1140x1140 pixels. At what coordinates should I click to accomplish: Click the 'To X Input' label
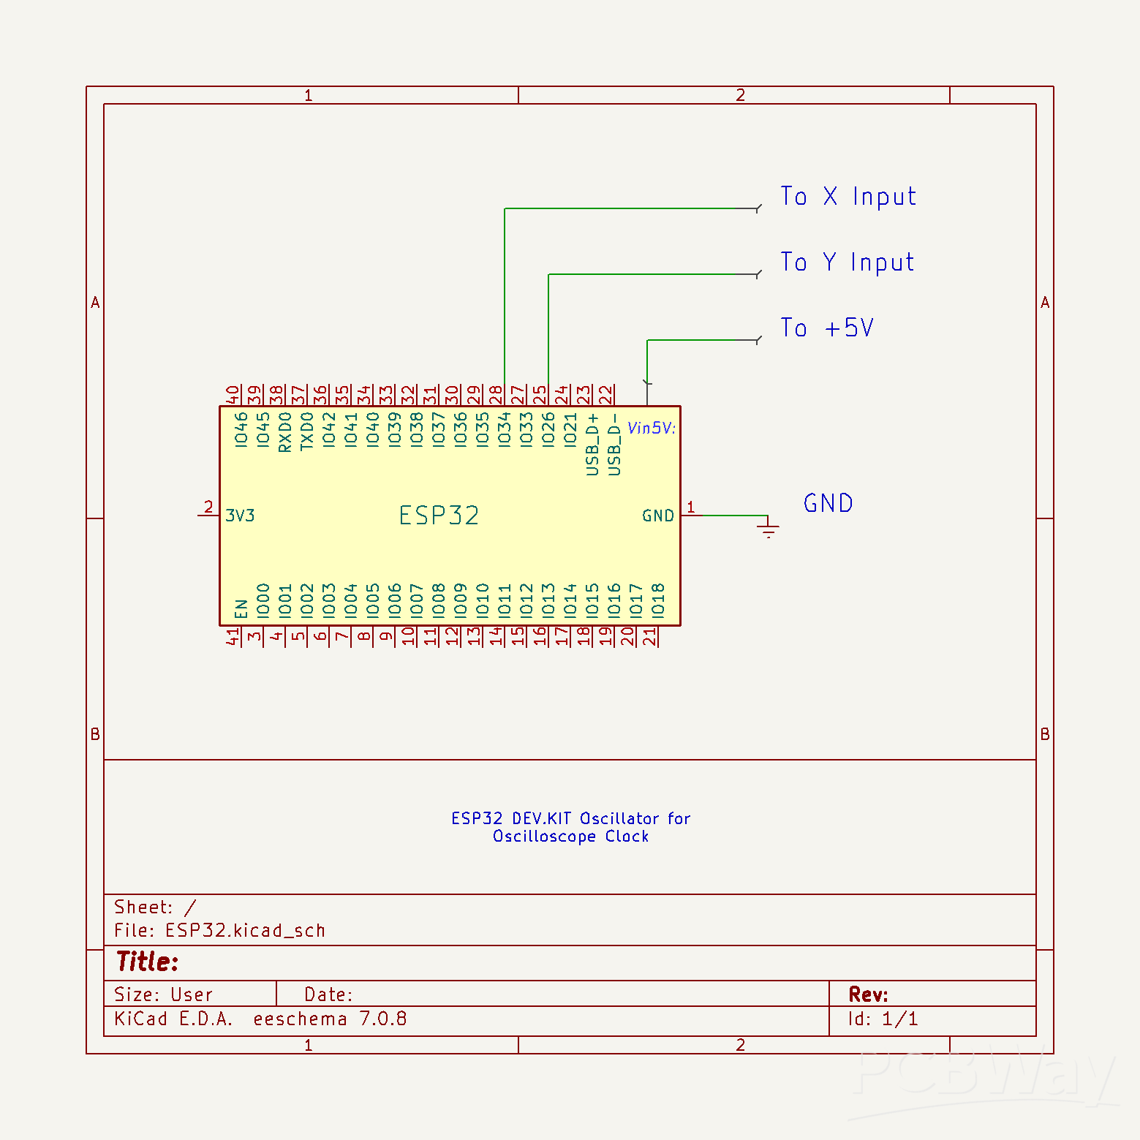(x=848, y=197)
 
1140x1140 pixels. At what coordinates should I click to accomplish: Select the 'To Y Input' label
(x=847, y=263)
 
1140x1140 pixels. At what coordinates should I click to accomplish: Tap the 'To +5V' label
(x=826, y=328)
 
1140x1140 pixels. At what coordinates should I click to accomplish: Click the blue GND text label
(x=828, y=504)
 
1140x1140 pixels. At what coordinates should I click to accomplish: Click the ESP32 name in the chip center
(x=439, y=516)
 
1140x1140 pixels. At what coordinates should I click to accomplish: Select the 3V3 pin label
(x=240, y=516)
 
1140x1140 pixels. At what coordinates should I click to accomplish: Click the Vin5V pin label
(x=652, y=429)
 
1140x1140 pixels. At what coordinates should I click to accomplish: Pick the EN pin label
(x=241, y=608)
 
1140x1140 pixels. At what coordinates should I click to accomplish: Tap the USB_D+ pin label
(x=593, y=444)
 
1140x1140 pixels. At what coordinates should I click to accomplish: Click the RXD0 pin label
(x=285, y=431)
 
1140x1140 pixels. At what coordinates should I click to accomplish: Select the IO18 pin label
(x=658, y=600)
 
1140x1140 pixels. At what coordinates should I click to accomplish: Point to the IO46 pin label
(x=241, y=429)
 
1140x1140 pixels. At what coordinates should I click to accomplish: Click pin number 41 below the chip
(x=233, y=637)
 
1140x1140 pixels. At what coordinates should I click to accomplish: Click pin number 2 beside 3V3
(x=208, y=507)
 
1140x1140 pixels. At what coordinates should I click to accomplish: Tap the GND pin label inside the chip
(x=657, y=516)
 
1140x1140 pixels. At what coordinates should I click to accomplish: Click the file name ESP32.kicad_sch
(x=245, y=931)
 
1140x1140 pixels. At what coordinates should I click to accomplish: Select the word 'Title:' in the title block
(x=147, y=962)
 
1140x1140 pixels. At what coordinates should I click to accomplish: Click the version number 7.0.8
(x=382, y=1019)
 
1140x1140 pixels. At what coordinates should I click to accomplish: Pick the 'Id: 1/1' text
(x=883, y=1019)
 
